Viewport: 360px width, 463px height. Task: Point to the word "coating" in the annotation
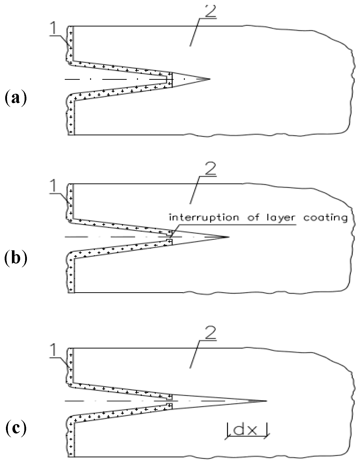(326, 218)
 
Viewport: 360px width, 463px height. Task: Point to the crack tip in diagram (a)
(209, 79)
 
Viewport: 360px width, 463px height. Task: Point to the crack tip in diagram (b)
(228, 237)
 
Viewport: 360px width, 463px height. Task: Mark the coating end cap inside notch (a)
(169, 79)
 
